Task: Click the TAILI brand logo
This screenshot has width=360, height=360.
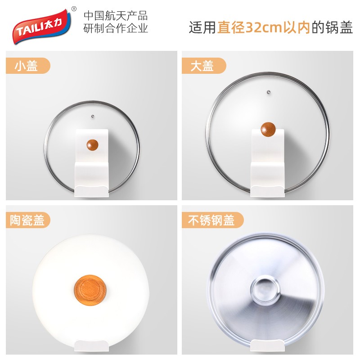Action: point(42,27)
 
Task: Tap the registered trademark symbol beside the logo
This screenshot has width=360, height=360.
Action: point(74,9)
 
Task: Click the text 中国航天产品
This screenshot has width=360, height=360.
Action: point(116,16)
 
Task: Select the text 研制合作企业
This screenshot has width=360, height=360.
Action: point(116,28)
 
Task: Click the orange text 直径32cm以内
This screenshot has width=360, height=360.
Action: point(264,27)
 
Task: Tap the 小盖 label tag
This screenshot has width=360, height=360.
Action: point(28,66)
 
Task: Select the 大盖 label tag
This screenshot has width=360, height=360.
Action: point(204,66)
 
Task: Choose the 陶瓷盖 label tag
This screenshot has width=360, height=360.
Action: point(28,220)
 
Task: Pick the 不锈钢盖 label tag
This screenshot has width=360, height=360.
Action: point(212,220)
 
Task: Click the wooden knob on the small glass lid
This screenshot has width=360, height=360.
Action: point(93,145)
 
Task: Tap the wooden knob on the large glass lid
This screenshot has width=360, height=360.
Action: point(268,130)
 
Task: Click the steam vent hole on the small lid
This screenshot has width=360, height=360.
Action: point(93,117)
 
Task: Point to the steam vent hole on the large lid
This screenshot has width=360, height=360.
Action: point(269,92)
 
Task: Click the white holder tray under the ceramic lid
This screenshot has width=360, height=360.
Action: point(91,346)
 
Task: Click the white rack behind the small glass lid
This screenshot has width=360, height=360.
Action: point(92,163)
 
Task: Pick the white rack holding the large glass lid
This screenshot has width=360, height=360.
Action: point(267,163)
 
